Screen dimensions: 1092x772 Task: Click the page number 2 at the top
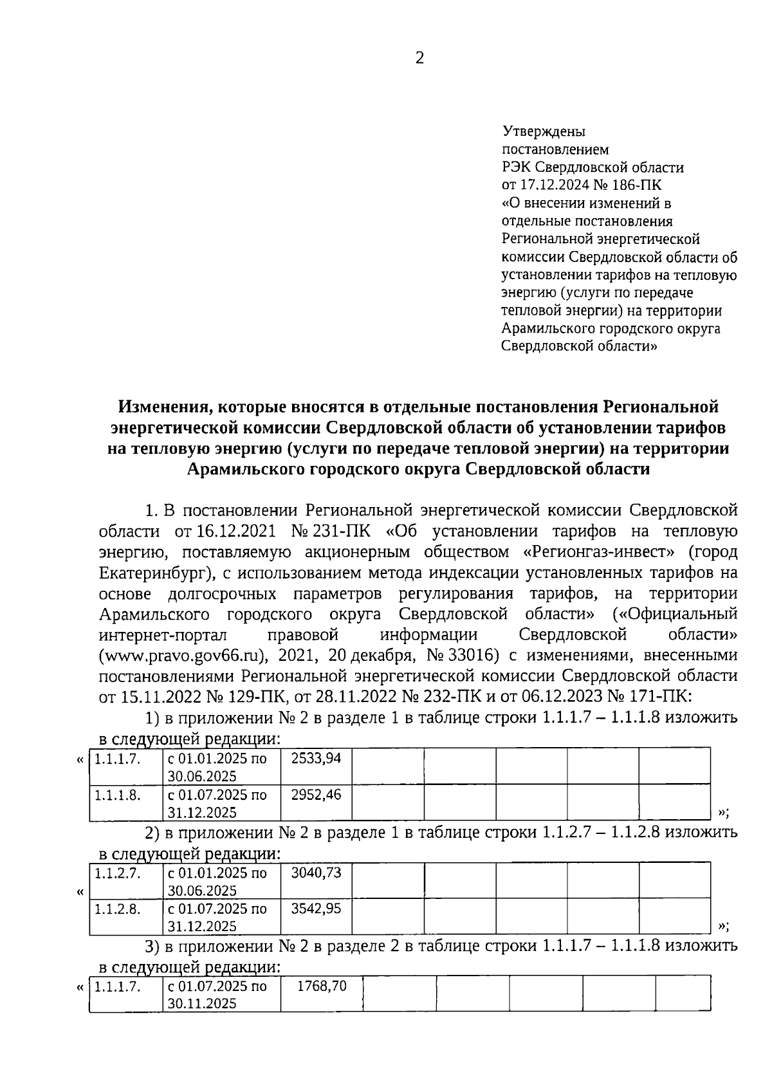tap(419, 59)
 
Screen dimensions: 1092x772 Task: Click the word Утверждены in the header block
tap(544, 132)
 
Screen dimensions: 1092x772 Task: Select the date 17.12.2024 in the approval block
tap(562, 185)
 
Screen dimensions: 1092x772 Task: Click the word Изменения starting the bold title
tap(163, 407)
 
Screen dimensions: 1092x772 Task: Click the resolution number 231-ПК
tap(341, 532)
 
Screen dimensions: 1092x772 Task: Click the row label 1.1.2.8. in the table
tap(118, 909)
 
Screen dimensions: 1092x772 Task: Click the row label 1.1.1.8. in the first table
tap(118, 795)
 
